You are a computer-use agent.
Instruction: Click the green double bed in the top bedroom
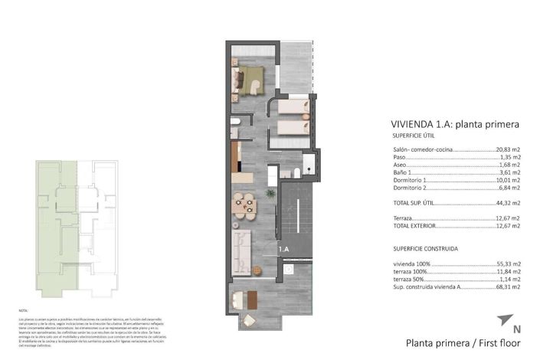[x=249, y=77]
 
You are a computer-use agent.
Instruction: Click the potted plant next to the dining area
[x=270, y=194]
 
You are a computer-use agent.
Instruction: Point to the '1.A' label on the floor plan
[x=283, y=249]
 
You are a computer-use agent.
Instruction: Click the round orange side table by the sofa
[x=258, y=269]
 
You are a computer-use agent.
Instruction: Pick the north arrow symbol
[x=503, y=319]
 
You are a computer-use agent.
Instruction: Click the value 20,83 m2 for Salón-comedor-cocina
[x=508, y=149]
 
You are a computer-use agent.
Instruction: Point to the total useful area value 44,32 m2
[x=508, y=203]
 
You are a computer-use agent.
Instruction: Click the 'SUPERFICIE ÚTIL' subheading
[x=413, y=135]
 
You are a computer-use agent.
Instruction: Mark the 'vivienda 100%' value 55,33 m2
[x=508, y=263]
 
